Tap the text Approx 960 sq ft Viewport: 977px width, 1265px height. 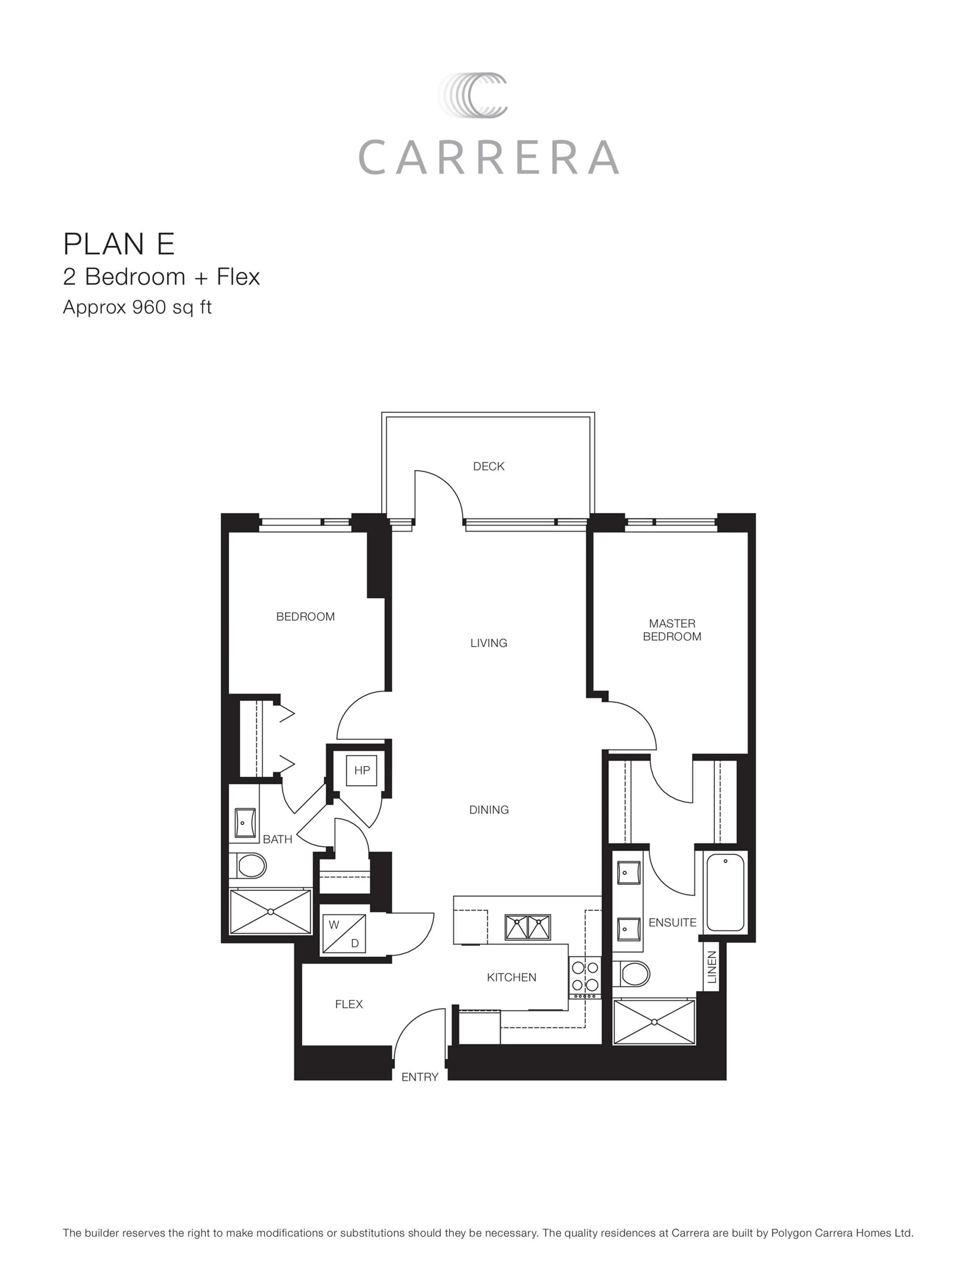click(x=137, y=307)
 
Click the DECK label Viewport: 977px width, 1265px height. click(x=488, y=466)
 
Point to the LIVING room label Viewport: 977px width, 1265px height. click(x=488, y=643)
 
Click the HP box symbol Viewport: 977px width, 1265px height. click(x=361, y=770)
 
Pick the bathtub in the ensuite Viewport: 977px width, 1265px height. click(x=725, y=893)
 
